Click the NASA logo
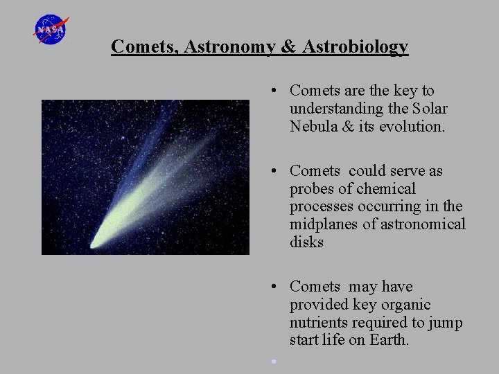click(x=51, y=30)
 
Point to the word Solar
click(x=430, y=109)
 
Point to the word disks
click(x=306, y=242)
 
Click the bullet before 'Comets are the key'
click(x=275, y=91)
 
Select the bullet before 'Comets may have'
click(x=275, y=287)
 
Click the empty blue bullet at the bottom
click(x=274, y=361)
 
